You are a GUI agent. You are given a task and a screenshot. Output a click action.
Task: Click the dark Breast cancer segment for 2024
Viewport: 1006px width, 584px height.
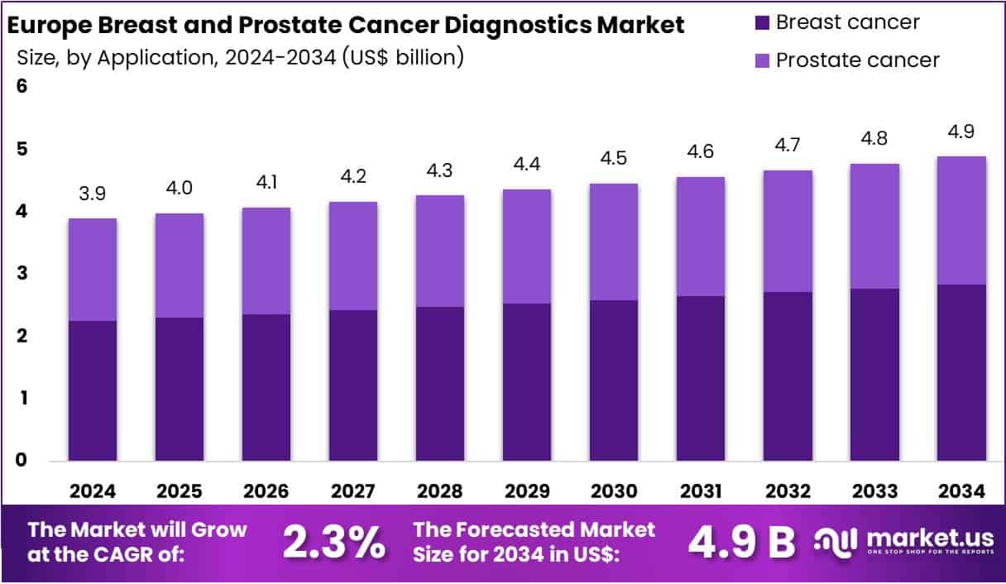point(92,390)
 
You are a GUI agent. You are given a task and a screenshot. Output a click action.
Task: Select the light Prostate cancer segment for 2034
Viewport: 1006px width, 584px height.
point(961,220)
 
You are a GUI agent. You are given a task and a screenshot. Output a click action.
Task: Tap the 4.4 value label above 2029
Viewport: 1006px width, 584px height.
point(526,164)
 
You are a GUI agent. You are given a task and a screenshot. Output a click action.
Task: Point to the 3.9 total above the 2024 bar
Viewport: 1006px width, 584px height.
point(92,194)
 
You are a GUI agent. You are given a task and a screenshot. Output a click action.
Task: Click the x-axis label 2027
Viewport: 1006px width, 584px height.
point(352,491)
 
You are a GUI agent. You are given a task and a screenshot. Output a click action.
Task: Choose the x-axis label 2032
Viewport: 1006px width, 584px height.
point(788,491)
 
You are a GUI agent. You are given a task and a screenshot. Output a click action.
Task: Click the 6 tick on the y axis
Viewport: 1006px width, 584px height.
point(22,86)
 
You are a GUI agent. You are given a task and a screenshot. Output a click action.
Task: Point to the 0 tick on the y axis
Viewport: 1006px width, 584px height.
point(22,460)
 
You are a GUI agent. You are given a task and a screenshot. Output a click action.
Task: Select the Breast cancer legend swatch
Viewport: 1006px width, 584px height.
point(762,22)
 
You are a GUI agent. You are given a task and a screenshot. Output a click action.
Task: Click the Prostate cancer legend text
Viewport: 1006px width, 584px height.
point(857,60)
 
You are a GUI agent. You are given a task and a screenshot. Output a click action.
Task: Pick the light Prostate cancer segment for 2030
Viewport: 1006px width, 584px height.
point(613,242)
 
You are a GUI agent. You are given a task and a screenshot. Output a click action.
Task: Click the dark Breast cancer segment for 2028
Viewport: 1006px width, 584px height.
point(439,384)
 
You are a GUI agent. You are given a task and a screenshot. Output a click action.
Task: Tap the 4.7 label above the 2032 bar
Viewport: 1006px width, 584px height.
point(788,145)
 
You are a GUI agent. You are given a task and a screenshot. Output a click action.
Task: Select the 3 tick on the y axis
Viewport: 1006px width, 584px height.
point(22,273)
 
